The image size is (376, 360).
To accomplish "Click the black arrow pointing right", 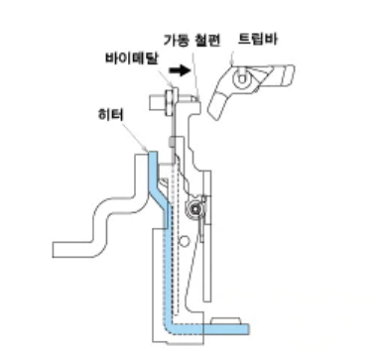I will click(179, 71).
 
